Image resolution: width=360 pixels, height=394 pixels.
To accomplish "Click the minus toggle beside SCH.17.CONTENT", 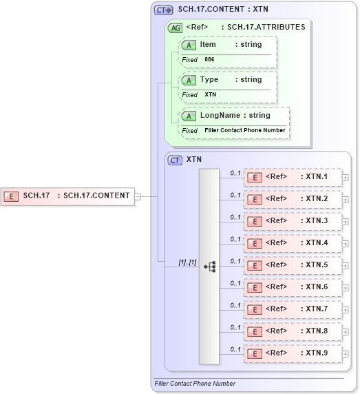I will [138, 196].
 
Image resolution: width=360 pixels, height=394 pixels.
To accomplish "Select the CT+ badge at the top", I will [163, 10].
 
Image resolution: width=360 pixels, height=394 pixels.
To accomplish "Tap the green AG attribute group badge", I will [176, 28].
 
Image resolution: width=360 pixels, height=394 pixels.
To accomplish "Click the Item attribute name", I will [208, 44].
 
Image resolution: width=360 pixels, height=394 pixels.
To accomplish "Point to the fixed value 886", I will [209, 60].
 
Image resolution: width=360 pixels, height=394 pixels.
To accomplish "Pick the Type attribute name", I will [209, 79].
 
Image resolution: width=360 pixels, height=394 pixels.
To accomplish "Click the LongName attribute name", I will [220, 115].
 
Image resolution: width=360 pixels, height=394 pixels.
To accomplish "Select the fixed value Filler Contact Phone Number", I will [244, 130].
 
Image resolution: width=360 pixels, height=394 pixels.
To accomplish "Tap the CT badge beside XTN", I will [176, 159].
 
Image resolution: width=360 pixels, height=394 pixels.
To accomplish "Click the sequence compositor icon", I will [209, 266].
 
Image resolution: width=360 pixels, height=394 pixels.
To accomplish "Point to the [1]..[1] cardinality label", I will [188, 262].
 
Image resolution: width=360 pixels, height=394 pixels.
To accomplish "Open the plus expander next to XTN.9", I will [345, 354].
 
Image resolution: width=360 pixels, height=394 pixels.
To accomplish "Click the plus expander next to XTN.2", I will [345, 200].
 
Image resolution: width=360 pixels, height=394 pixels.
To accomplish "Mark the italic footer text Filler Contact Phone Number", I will [195, 384].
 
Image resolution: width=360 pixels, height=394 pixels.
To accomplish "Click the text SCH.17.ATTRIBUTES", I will [266, 27].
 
